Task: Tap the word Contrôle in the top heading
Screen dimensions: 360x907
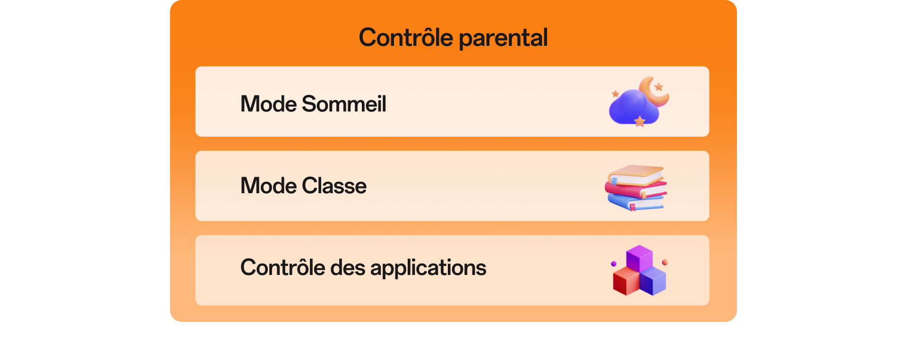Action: pyautogui.click(x=406, y=37)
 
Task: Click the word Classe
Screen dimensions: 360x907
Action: pyautogui.click(x=334, y=186)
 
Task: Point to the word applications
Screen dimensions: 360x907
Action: pyautogui.click(x=428, y=268)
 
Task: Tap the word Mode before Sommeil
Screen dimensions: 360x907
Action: pyautogui.click(x=268, y=104)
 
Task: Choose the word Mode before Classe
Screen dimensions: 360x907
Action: pyautogui.click(x=268, y=186)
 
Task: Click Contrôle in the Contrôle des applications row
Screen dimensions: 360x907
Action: pyautogui.click(x=282, y=267)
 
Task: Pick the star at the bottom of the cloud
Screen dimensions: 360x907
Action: pyautogui.click(x=640, y=121)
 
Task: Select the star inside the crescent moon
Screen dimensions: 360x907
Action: pyautogui.click(x=659, y=87)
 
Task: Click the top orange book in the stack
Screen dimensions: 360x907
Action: pyautogui.click(x=636, y=173)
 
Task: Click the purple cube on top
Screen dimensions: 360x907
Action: pyautogui.click(x=640, y=257)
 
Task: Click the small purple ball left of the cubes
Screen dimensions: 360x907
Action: pyautogui.click(x=614, y=264)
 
